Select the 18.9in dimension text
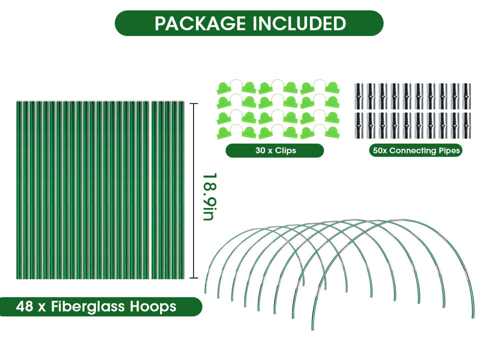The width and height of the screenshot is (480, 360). point(208,196)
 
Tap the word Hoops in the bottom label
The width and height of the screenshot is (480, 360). point(154,306)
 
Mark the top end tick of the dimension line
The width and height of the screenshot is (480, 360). point(195,104)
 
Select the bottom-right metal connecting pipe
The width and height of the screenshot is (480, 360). point(466,124)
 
